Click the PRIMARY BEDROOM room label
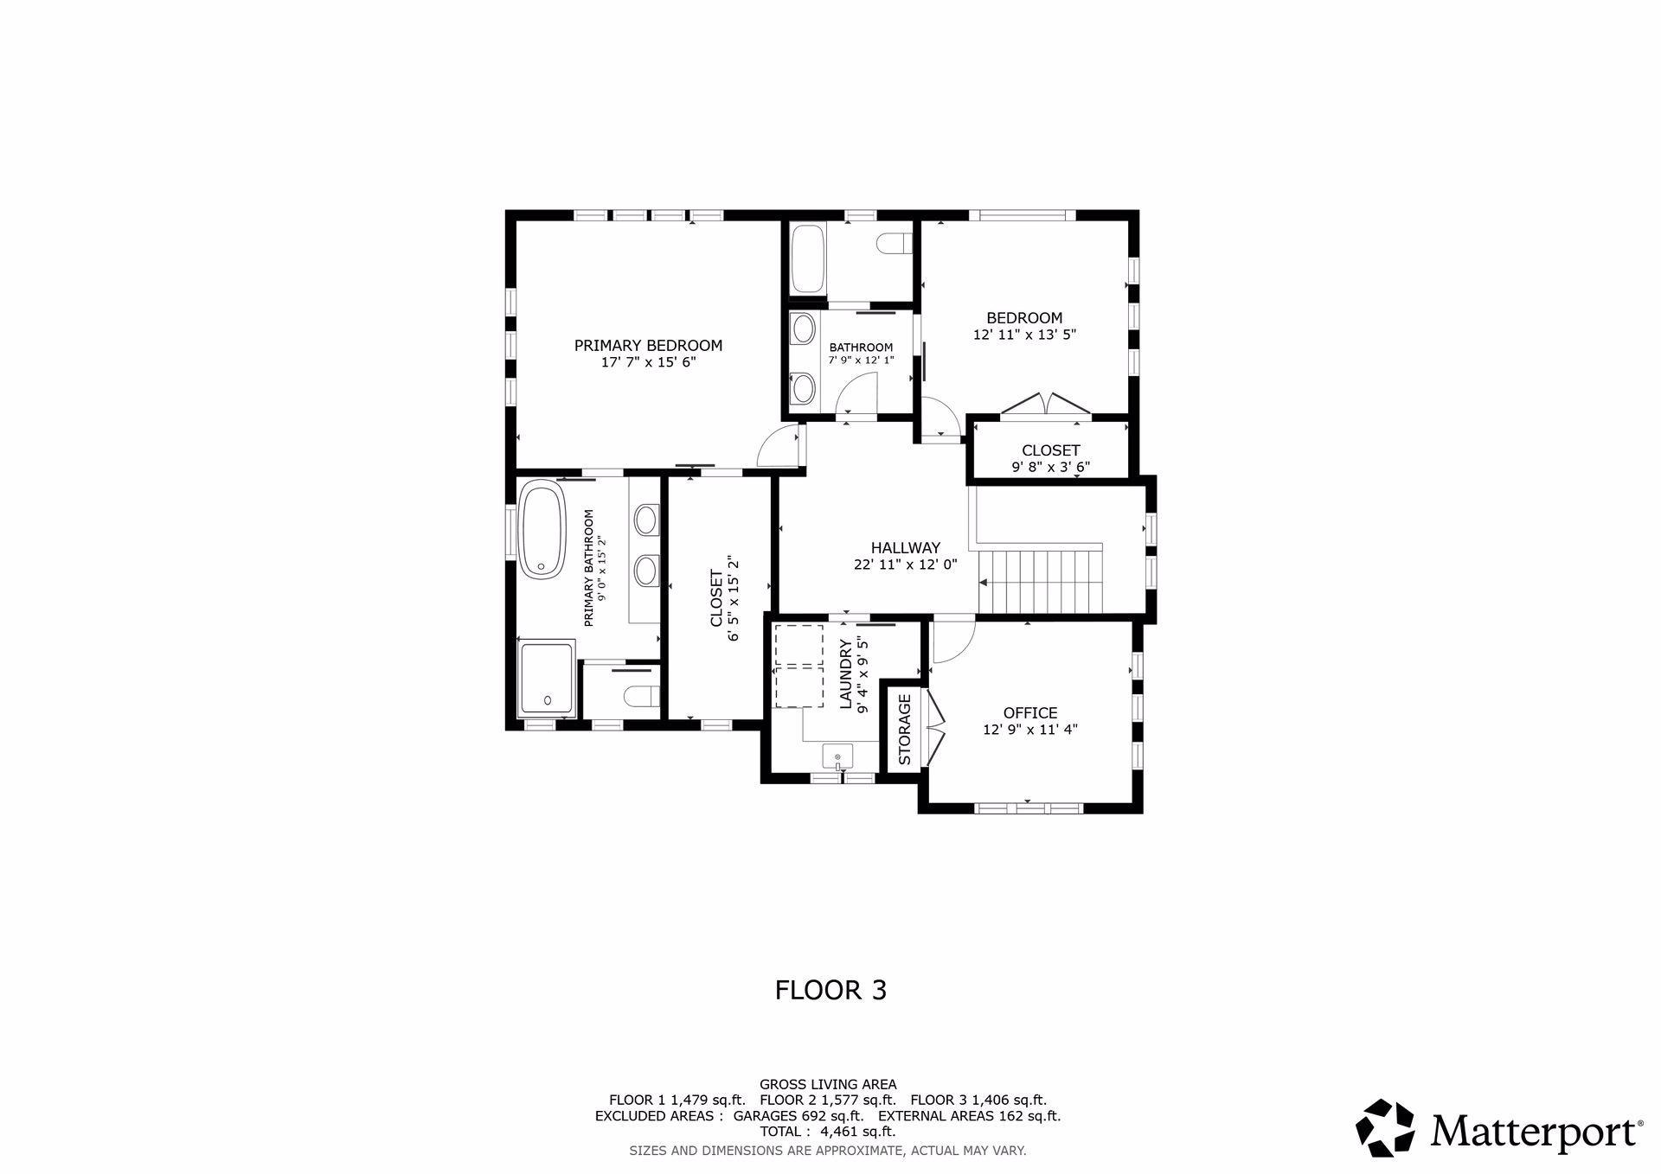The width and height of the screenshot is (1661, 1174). tap(648, 346)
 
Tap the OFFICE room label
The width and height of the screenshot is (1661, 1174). tap(1030, 713)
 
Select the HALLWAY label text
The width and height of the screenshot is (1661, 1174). tap(905, 547)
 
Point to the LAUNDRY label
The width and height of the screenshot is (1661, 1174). tap(846, 674)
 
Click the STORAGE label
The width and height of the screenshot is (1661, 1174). tap(905, 730)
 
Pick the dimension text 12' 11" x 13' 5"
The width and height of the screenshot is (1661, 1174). tap(1024, 335)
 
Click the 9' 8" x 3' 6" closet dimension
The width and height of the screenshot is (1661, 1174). tap(1050, 467)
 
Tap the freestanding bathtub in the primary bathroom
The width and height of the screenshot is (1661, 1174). tap(542, 528)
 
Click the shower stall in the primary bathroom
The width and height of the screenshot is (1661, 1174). tap(546, 679)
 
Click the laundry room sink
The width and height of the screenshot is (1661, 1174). tap(837, 756)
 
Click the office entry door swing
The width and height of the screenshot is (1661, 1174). tap(952, 641)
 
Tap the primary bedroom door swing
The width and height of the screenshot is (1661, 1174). tap(779, 446)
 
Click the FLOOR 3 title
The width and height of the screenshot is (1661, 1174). tap(830, 990)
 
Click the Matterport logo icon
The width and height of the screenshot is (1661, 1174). tap(1384, 1127)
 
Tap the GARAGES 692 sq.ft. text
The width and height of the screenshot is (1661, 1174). tap(798, 1116)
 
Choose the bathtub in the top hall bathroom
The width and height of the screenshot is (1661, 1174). tap(809, 259)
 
